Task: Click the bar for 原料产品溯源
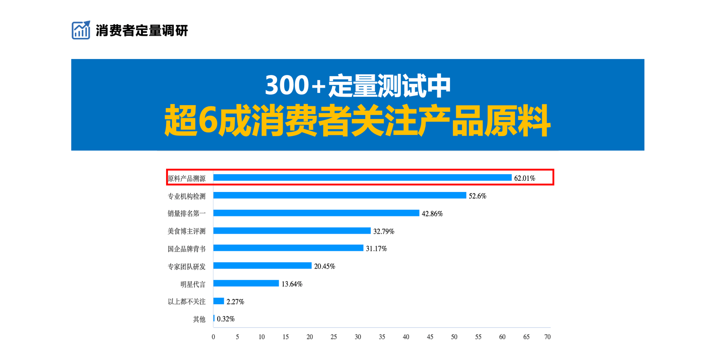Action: [x=362, y=177]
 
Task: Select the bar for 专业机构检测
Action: [x=339, y=195]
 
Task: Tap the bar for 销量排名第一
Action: [x=316, y=213]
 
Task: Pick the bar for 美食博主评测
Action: [x=292, y=231]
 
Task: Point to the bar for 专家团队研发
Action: [x=262, y=266]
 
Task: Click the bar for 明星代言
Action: [x=246, y=283]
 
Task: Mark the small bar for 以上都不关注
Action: [x=219, y=301]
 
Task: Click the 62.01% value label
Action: [x=524, y=178]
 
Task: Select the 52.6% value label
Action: [x=477, y=196]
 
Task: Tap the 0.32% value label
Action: [x=226, y=319]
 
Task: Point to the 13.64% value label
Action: [x=292, y=284]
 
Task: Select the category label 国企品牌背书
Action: [x=187, y=249]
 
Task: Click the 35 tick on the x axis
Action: [x=382, y=337]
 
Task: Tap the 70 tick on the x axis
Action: [x=547, y=337]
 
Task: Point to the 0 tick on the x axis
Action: [x=213, y=337]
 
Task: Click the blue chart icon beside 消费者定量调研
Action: [x=81, y=30]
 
